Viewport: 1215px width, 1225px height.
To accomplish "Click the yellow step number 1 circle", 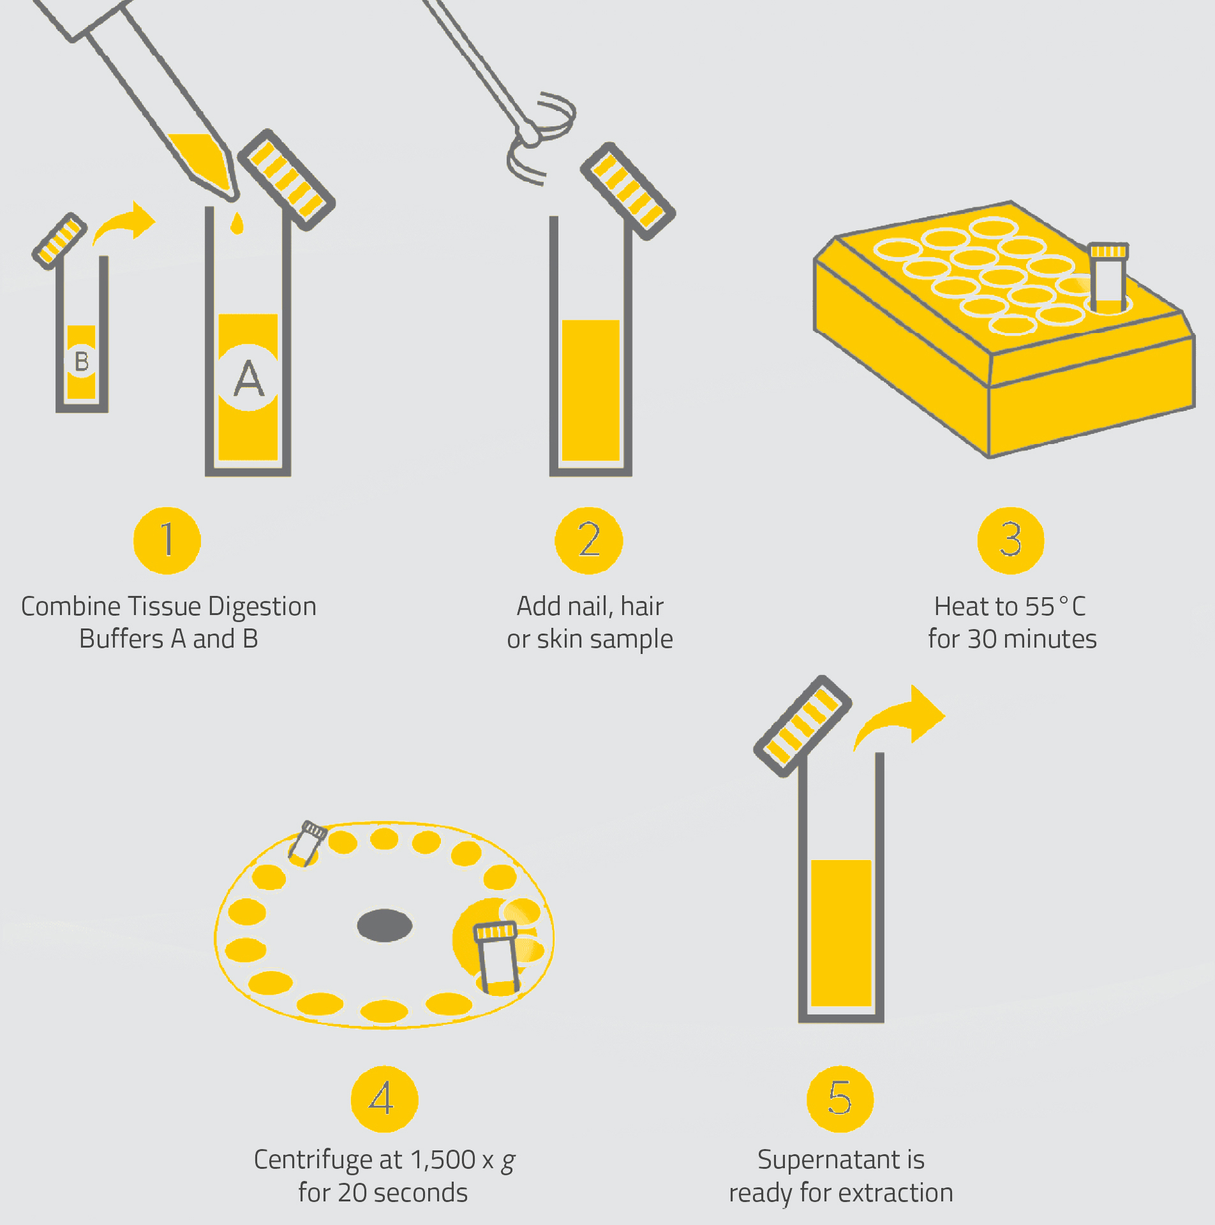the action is coord(167,540).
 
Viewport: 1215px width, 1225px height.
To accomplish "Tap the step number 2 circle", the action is coord(589,540).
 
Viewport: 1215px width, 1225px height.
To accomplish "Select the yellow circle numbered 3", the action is coord(1011,540).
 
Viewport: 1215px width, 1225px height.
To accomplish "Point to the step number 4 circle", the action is coord(384,1099).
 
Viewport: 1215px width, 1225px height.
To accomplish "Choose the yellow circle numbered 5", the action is coord(840,1099).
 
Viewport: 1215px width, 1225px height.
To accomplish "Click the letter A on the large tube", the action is coord(249,378).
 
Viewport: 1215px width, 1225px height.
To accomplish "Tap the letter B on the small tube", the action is coord(82,361).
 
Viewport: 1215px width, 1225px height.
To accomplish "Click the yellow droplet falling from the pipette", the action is coord(237,223).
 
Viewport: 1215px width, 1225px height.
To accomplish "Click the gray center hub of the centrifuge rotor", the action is coord(385,925).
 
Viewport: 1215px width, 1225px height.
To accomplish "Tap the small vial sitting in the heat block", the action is coord(1108,276).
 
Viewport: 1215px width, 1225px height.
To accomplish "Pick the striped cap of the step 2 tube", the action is coord(628,191).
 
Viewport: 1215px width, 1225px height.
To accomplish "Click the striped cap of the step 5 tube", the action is coord(803,725).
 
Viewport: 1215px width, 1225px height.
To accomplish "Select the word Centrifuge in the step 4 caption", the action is coord(328,1160).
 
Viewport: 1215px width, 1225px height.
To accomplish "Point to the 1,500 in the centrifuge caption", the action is coord(443,1160).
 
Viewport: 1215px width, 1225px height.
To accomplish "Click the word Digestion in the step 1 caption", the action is coord(262,607).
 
